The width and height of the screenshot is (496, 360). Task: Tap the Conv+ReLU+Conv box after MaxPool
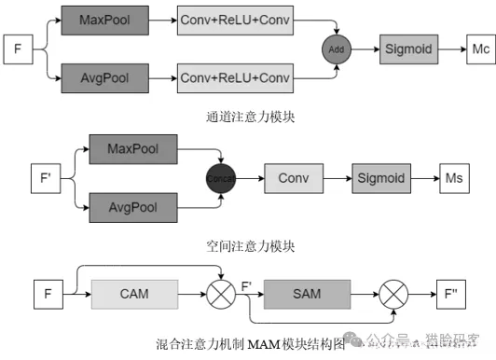tap(234, 20)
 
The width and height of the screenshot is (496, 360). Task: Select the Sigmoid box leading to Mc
tap(406, 48)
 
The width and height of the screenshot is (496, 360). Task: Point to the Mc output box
tap(476, 48)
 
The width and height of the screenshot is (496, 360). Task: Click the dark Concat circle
tap(218, 175)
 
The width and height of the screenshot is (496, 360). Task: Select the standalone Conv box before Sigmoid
tap(293, 175)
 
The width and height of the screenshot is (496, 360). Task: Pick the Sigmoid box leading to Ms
tap(378, 175)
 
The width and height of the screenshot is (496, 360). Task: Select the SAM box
tap(306, 296)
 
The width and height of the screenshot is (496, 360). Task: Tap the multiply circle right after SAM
tap(391, 296)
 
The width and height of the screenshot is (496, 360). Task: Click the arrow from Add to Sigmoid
tap(363, 48)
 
